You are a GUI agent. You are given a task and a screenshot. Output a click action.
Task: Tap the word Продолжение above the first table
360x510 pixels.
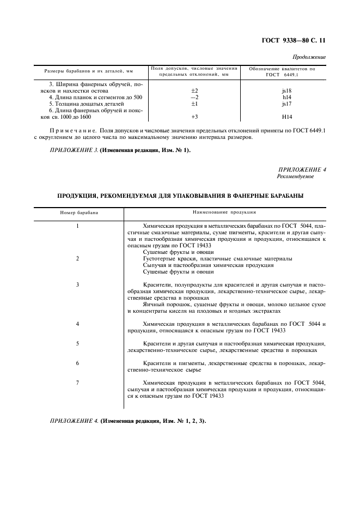pos(309,57)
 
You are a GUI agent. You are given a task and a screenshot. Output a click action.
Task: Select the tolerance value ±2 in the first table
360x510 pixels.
pos(194,90)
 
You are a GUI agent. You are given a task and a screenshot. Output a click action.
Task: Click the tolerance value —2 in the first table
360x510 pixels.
pos(194,97)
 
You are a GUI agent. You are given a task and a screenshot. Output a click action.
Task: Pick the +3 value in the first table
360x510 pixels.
pos(194,117)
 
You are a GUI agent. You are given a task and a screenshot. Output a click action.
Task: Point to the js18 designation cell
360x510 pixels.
pos(283,90)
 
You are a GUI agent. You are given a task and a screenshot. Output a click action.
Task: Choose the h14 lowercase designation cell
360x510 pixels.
pos(283,97)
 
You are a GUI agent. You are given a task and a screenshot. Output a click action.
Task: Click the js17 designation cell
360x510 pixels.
pos(283,104)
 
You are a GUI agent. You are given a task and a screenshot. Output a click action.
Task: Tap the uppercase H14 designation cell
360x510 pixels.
pos(283,117)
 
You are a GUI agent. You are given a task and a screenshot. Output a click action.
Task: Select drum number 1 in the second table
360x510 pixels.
pos(78,226)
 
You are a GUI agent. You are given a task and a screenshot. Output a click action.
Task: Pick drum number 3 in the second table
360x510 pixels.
pos(78,284)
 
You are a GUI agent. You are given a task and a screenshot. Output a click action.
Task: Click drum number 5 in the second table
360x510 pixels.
pos(78,343)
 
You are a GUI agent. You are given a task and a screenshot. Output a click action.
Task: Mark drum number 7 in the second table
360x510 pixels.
pos(78,382)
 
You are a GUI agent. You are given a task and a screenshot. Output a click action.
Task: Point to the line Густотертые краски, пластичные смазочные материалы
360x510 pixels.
pos(217,258)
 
